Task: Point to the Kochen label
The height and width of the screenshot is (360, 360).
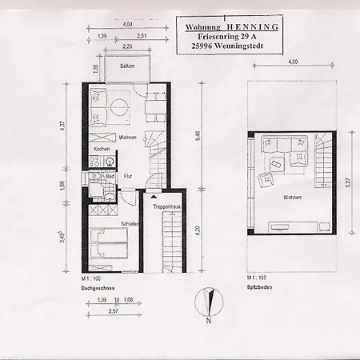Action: click(x=102, y=150)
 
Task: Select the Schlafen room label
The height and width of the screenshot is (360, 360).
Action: click(x=130, y=224)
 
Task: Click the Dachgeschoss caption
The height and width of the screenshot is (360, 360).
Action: click(x=97, y=286)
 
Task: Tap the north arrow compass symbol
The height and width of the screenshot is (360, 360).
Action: click(x=206, y=303)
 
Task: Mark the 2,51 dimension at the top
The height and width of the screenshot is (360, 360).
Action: click(x=141, y=36)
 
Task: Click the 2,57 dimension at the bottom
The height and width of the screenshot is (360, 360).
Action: click(x=115, y=310)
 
